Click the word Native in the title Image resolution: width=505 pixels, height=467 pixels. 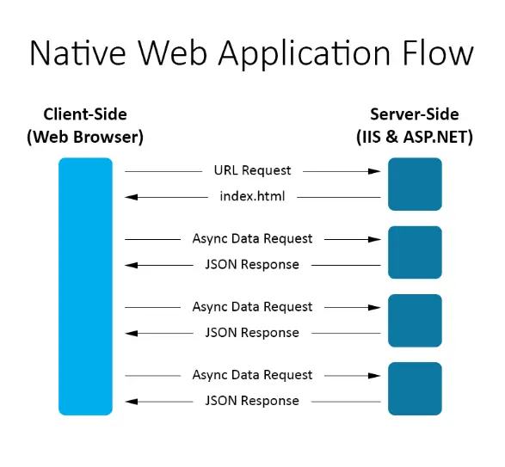(77, 52)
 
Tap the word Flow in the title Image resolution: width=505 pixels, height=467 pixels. (438, 52)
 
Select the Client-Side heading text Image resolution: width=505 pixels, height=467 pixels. (85, 114)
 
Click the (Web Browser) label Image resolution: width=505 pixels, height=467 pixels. (85, 138)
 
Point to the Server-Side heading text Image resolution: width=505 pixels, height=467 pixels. (415, 114)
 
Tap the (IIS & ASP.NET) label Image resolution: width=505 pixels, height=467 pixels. (415, 138)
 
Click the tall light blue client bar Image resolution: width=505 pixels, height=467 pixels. (85, 286)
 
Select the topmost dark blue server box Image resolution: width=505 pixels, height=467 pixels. (415, 184)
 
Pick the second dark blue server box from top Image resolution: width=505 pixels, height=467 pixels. (415, 253)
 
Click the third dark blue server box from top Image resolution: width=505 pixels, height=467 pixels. (415, 321)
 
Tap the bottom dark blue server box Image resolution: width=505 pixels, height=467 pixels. (415, 389)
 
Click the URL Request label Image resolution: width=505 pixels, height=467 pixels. (253, 170)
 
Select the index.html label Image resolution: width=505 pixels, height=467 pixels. (253, 196)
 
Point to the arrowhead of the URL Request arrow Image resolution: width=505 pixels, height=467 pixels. (374, 171)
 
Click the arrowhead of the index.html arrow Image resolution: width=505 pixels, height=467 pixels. (131, 197)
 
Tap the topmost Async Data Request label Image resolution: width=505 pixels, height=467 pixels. (253, 239)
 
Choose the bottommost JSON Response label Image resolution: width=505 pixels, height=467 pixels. (253, 401)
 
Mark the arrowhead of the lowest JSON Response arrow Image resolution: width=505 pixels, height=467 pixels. (131, 402)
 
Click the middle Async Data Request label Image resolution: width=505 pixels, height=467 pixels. (253, 307)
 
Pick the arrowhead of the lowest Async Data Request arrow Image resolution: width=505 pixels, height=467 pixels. (374, 376)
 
